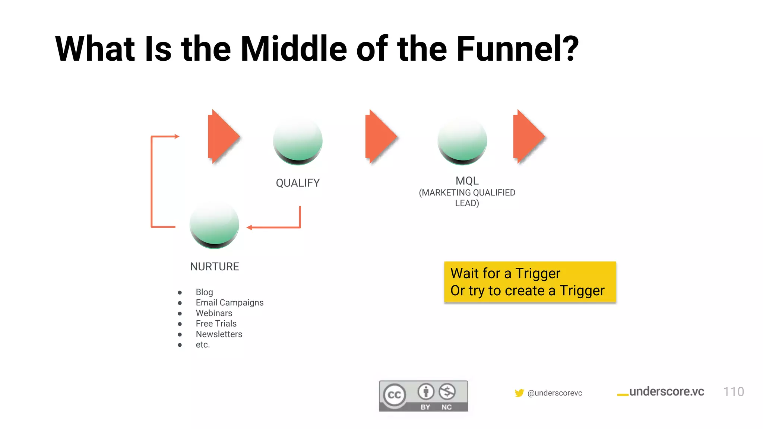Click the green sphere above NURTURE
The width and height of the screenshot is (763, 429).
pos(214,225)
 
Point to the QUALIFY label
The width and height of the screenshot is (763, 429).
pos(298,183)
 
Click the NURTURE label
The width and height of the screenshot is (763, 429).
pos(215,267)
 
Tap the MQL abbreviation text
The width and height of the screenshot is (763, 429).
pos(467,181)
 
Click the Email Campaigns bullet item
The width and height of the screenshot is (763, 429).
pos(229,303)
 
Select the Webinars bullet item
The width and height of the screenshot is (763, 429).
pos(214,313)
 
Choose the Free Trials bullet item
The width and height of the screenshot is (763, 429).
pos(216,324)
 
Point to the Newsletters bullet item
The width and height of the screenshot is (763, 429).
pos(219,334)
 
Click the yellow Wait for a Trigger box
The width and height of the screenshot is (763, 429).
pos(530,282)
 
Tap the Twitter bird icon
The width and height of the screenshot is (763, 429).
pos(519,393)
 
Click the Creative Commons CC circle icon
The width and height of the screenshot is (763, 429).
pos(395,395)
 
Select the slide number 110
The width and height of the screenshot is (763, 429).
pos(733,392)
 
